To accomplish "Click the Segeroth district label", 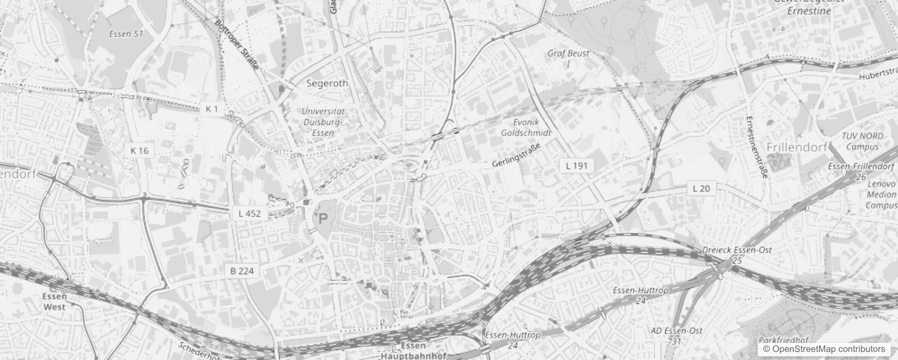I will pos(327,83).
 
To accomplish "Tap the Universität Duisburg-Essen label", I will pos(323,122).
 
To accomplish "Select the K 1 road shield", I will pos(212,109).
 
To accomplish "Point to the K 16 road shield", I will pos(139,151).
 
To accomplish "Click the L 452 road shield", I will pos(250,213).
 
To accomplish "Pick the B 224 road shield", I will pos(242,271).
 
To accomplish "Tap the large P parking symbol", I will pos(323,220).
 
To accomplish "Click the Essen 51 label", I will pos(126,34).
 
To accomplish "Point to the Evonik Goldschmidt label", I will pos(526,128).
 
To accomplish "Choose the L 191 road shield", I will pos(577,166).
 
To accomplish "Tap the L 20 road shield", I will pos(701,189).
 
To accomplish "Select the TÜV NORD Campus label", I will pos(862,141).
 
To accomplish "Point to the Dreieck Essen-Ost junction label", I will pos(737,250).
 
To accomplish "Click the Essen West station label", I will pos(54,302).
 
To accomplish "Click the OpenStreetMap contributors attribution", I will pos(824,349).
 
